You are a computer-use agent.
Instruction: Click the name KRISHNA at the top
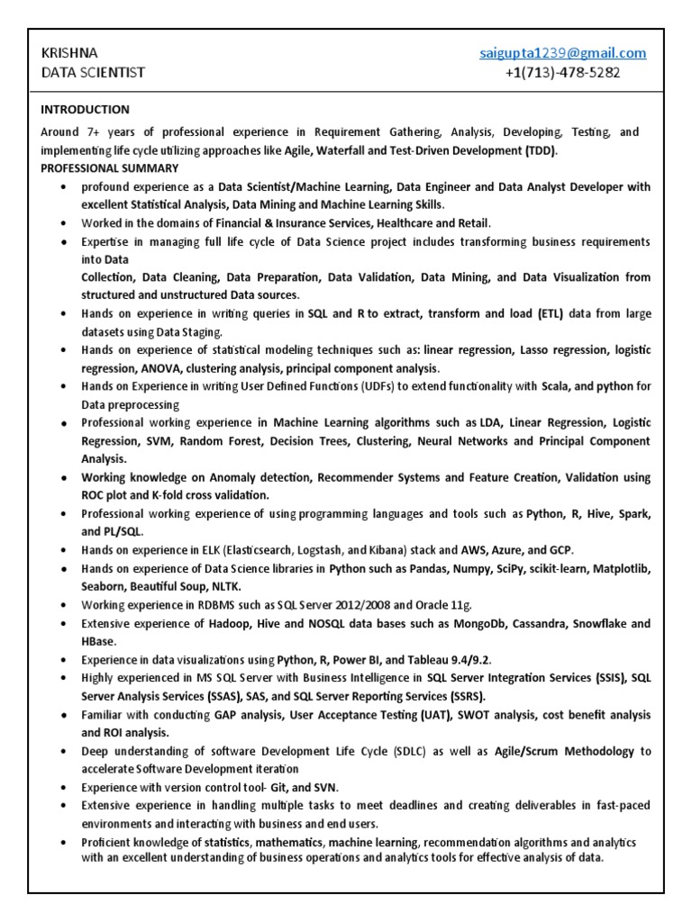70,53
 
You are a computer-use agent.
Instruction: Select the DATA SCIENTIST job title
94,72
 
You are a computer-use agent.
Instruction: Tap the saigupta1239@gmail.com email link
562,53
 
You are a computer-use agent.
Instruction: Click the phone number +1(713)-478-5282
562,72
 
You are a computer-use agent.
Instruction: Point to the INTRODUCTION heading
85,110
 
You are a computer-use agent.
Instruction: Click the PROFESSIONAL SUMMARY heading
110,168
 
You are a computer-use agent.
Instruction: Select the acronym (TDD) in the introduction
541,150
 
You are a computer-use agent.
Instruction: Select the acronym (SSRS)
455,696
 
